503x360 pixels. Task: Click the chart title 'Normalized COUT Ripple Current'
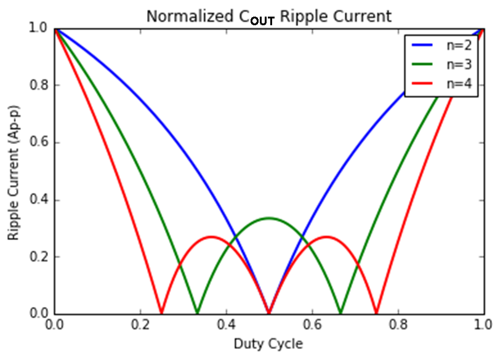tap(268, 16)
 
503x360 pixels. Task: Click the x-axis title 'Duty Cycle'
tap(268, 343)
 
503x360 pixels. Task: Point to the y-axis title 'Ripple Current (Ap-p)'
tap(14, 170)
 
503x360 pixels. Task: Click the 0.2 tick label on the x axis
tap(140, 326)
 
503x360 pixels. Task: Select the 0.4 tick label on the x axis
tap(226, 326)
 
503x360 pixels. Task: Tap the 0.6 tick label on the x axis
tap(312, 326)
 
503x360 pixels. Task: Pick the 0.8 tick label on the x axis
tap(398, 326)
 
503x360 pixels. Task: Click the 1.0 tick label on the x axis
tap(483, 326)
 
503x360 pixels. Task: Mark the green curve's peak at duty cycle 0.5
tap(268, 218)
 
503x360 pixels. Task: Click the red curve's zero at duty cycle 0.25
tap(161, 312)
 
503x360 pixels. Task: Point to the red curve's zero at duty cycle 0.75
tap(376, 312)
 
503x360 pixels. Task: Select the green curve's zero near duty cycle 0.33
tap(197, 312)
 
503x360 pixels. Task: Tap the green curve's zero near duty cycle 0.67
tap(340, 312)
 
